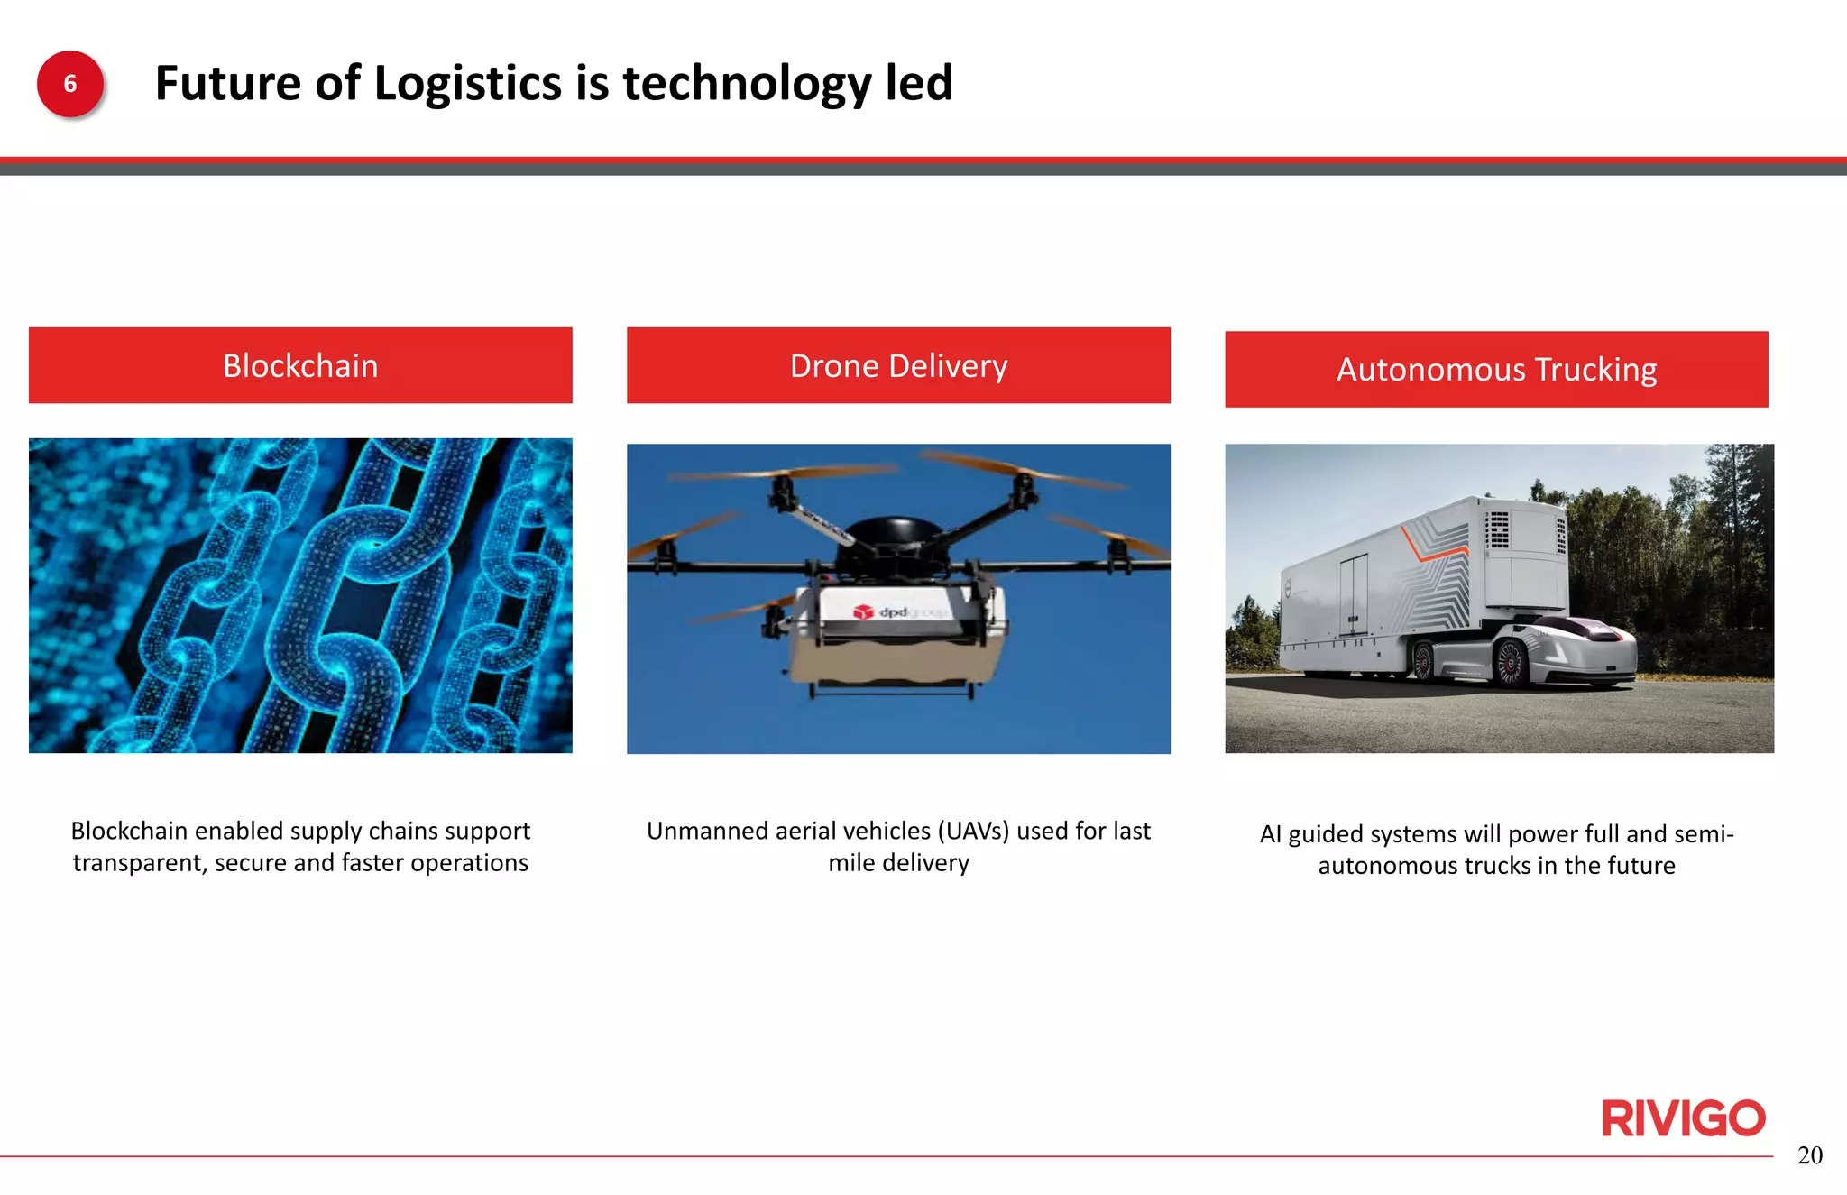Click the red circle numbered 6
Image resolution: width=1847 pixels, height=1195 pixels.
pyautogui.click(x=70, y=84)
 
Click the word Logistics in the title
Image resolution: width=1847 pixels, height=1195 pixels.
pyautogui.click(x=468, y=84)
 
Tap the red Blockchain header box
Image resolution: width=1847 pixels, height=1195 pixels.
pyautogui.click(x=300, y=365)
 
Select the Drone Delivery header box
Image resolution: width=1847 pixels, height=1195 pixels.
pyautogui.click(x=898, y=365)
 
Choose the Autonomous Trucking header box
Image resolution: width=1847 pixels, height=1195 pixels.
pyautogui.click(x=1496, y=369)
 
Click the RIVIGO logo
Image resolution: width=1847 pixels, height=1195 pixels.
pyautogui.click(x=1683, y=1118)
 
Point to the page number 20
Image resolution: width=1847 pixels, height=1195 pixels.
pyautogui.click(x=1809, y=1155)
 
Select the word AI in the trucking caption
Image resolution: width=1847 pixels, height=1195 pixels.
pyautogui.click(x=1270, y=834)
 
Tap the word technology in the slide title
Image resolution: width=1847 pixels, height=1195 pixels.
pyautogui.click(x=747, y=84)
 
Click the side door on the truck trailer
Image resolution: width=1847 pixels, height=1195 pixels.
pyautogui.click(x=1354, y=595)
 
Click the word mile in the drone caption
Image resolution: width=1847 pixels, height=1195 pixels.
pyautogui.click(x=851, y=863)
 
